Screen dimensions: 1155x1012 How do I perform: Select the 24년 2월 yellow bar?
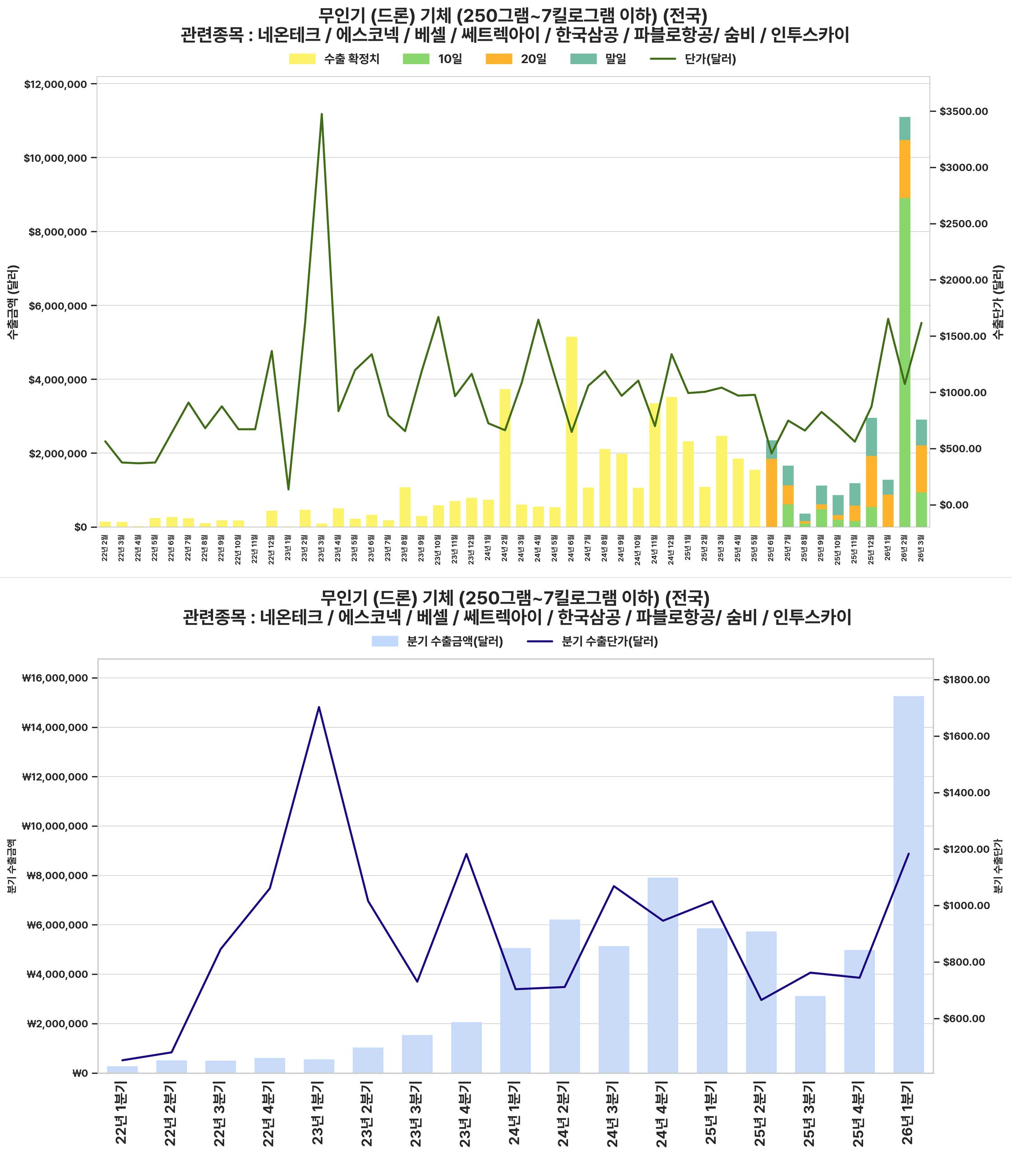point(505,457)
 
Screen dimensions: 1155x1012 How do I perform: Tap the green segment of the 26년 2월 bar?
point(905,361)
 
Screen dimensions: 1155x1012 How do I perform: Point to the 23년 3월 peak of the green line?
point(322,114)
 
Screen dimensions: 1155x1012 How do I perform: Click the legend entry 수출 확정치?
point(334,59)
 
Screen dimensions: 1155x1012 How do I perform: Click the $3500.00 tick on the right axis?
point(963,112)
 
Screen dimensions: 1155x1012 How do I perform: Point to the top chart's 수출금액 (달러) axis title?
point(13,301)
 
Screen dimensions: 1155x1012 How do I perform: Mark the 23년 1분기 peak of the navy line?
point(319,707)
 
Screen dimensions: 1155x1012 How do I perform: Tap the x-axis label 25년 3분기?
point(810,1112)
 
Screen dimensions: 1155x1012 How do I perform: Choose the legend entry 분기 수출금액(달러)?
point(437,642)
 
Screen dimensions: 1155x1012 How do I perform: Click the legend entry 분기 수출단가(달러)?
point(592,642)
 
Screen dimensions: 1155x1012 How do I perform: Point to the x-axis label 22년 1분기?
point(122,1112)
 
